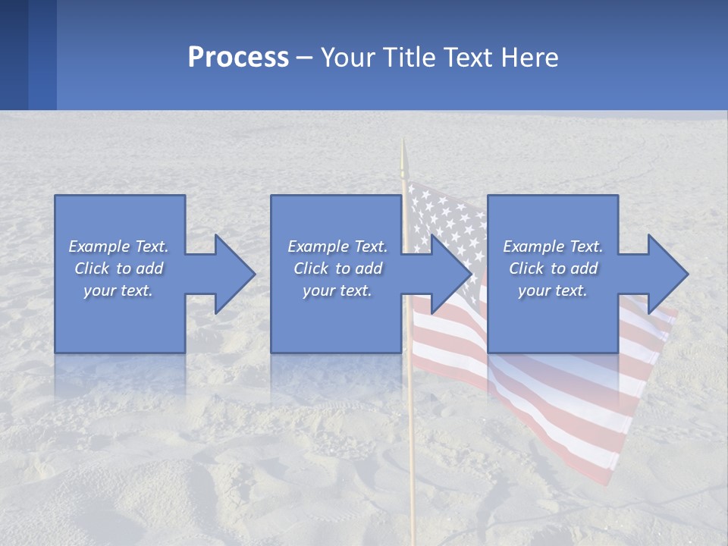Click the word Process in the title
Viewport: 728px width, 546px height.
(238, 58)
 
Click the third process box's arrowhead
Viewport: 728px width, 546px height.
(667, 274)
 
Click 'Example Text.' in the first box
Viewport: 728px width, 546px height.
(118, 246)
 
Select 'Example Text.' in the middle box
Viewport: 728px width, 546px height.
(337, 246)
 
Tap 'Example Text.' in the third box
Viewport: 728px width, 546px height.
(553, 246)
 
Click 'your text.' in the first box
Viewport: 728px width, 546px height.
(118, 290)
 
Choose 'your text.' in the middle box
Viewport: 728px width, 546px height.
(337, 290)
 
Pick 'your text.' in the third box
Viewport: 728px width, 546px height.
(553, 290)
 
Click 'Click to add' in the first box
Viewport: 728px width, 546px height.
(118, 268)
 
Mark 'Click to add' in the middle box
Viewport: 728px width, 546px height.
(337, 268)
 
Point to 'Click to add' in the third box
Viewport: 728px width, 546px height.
(553, 268)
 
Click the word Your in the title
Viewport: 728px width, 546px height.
(346, 58)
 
